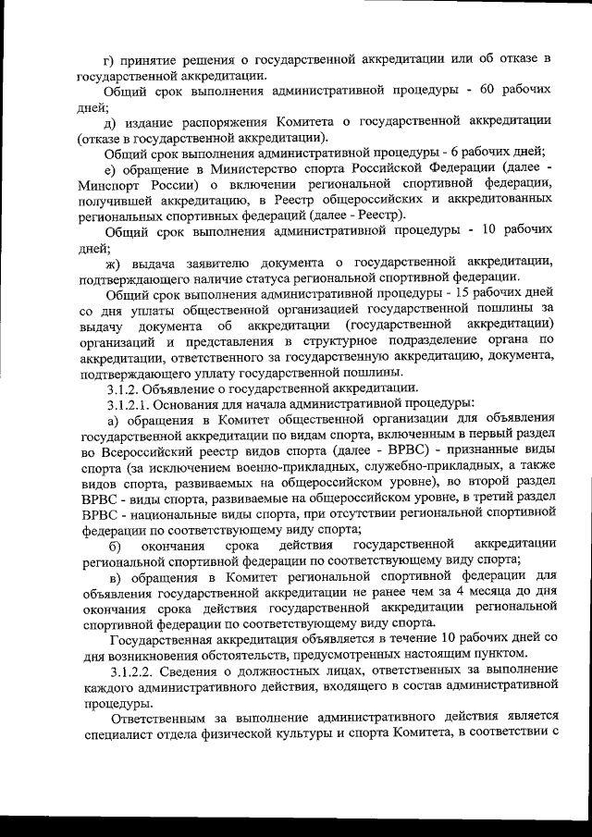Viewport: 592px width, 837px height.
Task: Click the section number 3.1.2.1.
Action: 132,402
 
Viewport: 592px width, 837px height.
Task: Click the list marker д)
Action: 111,121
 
